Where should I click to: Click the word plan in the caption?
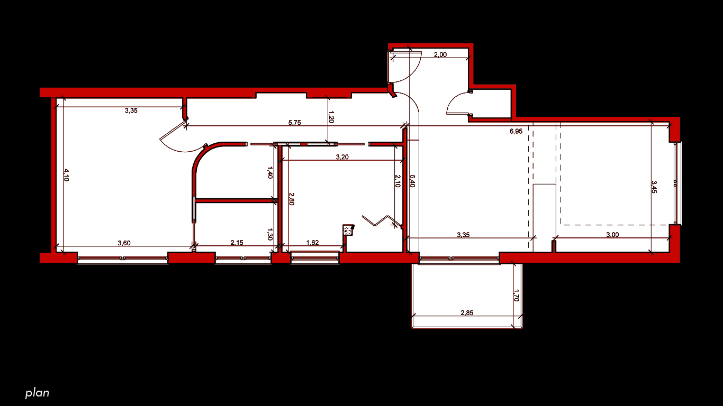pos(37,393)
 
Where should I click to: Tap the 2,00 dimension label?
pos(440,54)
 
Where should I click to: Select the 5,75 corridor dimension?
pos(294,123)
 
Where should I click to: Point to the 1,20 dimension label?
pos(331,117)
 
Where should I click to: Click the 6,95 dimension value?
pos(516,131)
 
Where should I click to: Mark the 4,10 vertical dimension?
pos(66,175)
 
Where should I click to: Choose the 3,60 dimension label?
pos(124,243)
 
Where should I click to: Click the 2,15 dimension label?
pos(237,243)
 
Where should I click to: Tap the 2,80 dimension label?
pos(292,199)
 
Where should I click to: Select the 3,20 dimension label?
pos(342,157)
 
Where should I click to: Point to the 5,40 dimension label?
pos(412,181)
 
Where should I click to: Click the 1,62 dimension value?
pos(312,243)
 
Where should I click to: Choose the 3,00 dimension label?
pos(612,235)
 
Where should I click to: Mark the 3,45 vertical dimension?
pos(654,187)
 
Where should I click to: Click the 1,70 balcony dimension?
pos(516,296)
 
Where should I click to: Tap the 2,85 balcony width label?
pos(467,312)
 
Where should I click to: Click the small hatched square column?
pos(348,230)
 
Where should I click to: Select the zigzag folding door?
pos(382,221)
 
